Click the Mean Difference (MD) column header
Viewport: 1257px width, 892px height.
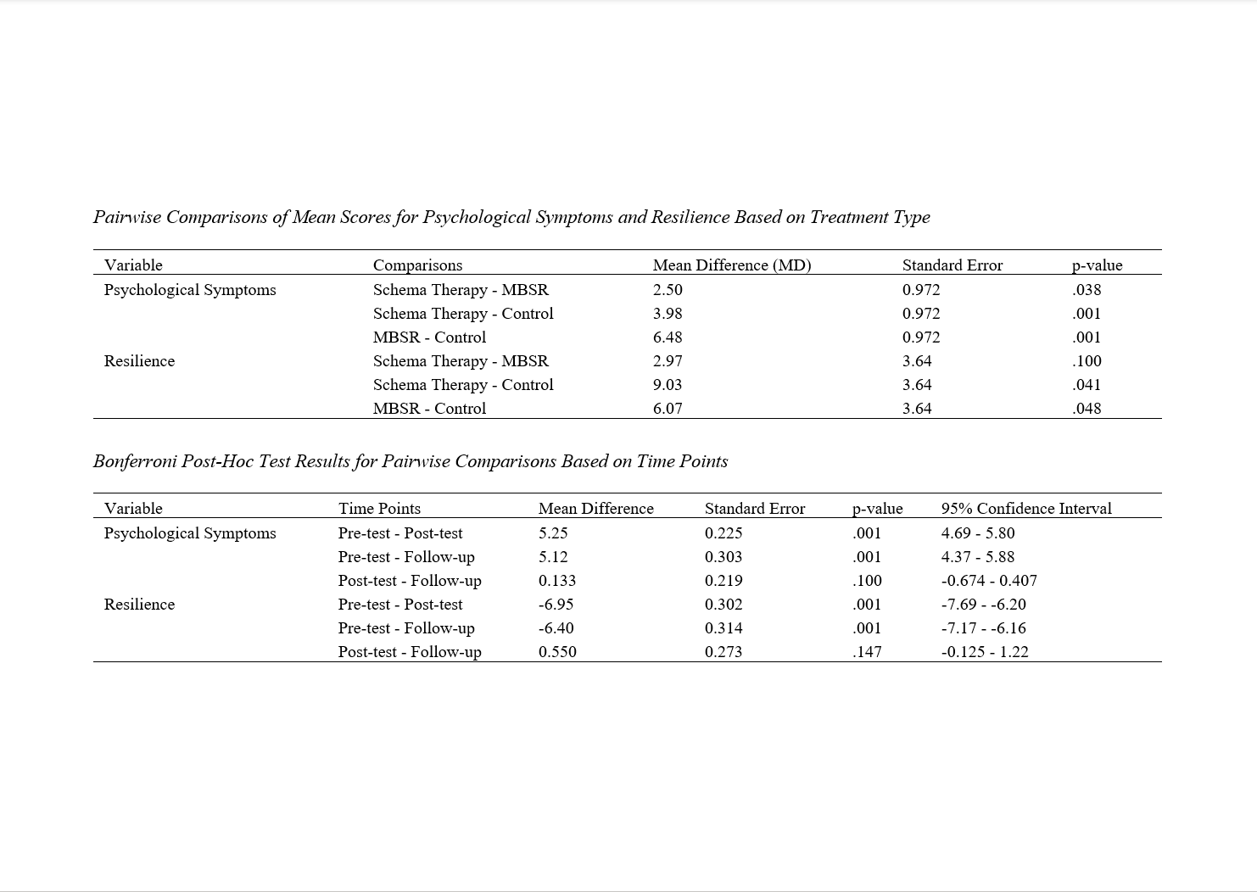(731, 265)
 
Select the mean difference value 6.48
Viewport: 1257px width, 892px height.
(668, 337)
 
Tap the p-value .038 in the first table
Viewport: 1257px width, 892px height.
(1087, 290)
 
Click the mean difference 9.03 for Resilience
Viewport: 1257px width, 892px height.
(668, 385)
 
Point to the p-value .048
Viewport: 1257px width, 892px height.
(1087, 409)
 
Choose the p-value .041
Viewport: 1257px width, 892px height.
(1087, 385)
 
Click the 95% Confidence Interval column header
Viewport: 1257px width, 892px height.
(1025, 509)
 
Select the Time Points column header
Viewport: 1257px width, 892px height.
(379, 509)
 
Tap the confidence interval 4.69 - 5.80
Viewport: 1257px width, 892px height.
(977, 533)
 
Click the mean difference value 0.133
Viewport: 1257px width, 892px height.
(556, 581)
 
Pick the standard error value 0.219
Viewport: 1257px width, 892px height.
(723, 581)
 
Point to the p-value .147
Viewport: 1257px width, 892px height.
(866, 652)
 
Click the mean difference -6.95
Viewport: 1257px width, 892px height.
(556, 605)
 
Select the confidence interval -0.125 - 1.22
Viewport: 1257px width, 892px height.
(984, 652)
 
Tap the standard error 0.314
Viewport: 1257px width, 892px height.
(723, 628)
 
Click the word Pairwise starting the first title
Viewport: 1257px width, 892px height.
(127, 217)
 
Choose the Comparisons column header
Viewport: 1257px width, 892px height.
(417, 265)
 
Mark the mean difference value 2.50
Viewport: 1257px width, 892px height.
(668, 290)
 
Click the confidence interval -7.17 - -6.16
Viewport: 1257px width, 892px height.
(983, 628)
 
